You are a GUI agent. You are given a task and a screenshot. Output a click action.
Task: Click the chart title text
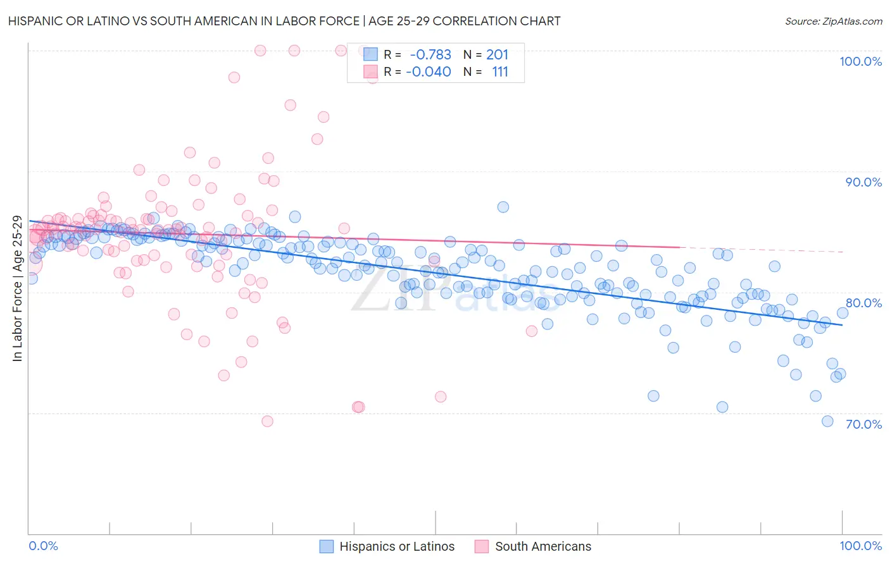click(284, 21)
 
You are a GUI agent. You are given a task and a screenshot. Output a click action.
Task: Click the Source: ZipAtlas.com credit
click(833, 21)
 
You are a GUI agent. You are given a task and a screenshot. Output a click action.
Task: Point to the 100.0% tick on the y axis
click(860, 61)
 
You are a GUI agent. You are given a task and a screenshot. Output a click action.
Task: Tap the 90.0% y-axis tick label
click(863, 182)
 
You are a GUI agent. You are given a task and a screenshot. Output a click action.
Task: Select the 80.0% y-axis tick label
click(863, 303)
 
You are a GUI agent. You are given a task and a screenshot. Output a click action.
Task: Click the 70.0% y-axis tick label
click(863, 424)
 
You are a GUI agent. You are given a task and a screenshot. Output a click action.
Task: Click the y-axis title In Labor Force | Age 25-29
click(17, 289)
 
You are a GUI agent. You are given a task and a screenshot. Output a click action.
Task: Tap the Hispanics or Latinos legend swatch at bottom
click(327, 546)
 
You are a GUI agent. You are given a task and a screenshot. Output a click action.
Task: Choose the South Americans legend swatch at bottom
click(482, 546)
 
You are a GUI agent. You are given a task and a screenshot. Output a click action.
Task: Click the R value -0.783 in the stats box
click(430, 55)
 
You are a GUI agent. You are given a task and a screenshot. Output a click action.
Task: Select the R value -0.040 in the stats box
click(429, 72)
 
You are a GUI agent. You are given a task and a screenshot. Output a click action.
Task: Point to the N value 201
click(497, 55)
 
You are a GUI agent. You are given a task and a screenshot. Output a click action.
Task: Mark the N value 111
click(500, 72)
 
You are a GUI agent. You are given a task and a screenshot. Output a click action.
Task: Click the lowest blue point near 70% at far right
click(827, 421)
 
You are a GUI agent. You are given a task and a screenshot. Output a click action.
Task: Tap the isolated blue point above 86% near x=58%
click(503, 207)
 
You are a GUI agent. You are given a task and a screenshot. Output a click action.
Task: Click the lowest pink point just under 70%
click(267, 421)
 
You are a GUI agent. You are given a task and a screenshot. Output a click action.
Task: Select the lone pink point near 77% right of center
click(532, 331)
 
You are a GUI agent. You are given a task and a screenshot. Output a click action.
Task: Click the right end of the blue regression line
click(842, 324)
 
